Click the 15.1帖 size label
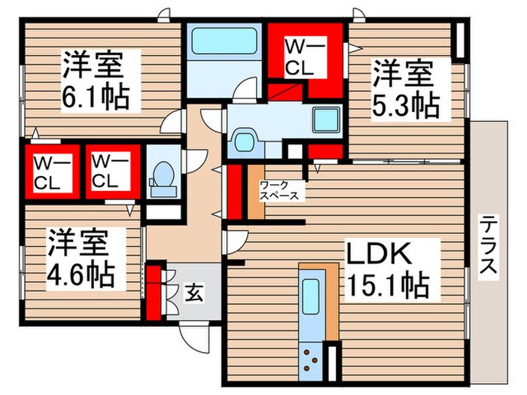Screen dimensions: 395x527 tap(388, 285)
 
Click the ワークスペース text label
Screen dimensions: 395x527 tap(279, 190)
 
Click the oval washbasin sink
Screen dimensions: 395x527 tap(244, 141)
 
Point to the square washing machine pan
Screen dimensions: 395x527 tap(326, 120)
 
